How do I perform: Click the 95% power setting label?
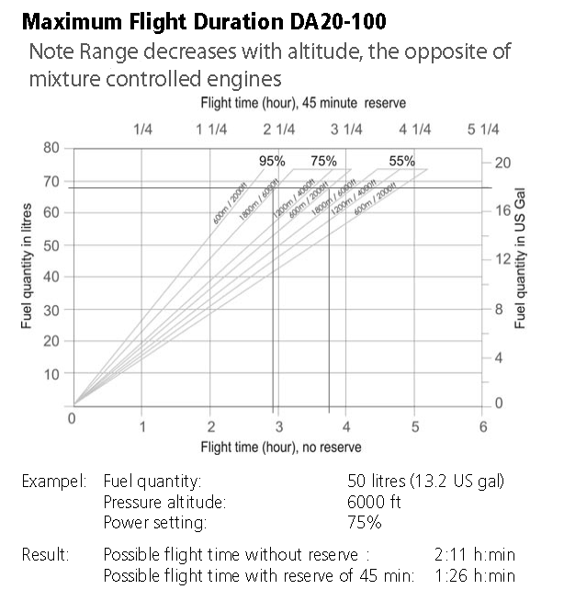[272, 161]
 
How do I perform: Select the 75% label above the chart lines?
[323, 161]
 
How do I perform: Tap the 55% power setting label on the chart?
[401, 161]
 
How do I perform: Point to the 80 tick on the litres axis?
[52, 148]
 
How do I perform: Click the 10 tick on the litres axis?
[52, 374]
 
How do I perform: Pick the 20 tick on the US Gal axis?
[502, 164]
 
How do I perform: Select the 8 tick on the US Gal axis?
[499, 310]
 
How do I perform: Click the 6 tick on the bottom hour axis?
[483, 426]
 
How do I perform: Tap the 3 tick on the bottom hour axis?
[279, 426]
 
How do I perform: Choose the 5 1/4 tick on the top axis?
[483, 130]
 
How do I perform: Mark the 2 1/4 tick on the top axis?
[279, 130]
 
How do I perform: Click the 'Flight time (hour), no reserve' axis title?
[281, 447]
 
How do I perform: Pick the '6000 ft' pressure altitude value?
[374, 502]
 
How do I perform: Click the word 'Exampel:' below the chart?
[54, 481]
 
